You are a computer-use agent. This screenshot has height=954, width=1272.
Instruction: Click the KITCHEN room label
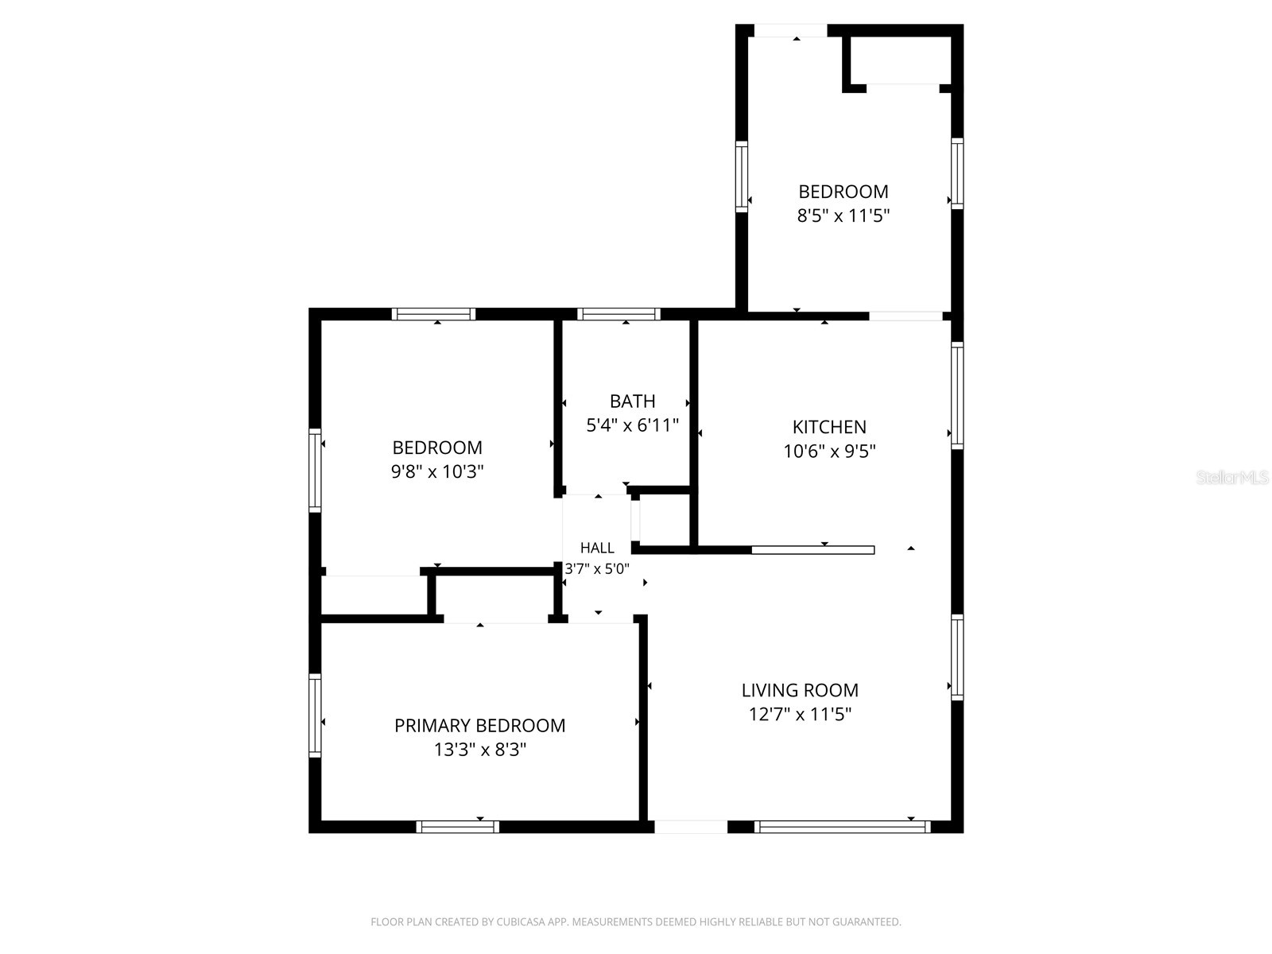(x=829, y=427)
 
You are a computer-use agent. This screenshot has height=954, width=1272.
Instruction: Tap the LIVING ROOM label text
(x=800, y=690)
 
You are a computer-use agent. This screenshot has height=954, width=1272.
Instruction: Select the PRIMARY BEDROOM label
(x=480, y=725)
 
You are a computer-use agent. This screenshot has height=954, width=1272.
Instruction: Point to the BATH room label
(x=632, y=401)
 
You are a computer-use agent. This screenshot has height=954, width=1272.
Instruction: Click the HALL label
(x=597, y=548)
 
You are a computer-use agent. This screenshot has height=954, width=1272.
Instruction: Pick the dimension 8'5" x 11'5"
(x=843, y=215)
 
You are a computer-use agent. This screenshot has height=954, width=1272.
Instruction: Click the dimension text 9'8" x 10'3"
(x=437, y=471)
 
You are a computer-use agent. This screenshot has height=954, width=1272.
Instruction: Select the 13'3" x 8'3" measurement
(x=480, y=750)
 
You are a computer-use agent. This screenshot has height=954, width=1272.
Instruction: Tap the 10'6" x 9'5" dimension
(x=829, y=451)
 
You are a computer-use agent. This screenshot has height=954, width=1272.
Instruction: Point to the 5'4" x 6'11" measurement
(x=632, y=425)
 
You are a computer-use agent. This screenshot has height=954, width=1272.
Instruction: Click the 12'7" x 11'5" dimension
(x=800, y=714)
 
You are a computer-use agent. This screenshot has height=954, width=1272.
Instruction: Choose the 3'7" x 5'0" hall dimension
(x=597, y=568)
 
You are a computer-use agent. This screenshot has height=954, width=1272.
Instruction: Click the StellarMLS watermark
(x=1232, y=477)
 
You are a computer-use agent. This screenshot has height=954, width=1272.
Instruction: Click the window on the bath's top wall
(x=619, y=314)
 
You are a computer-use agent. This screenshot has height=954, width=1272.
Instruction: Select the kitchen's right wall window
(x=957, y=396)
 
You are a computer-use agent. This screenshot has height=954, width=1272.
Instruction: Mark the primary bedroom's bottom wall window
(x=458, y=827)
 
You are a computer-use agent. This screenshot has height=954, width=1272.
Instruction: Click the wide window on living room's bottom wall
(x=842, y=827)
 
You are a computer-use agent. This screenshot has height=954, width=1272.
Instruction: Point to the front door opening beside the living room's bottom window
(x=691, y=827)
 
